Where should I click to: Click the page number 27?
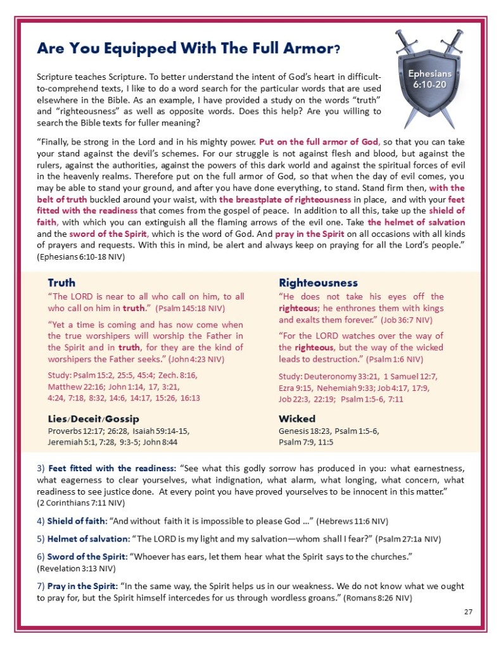468,611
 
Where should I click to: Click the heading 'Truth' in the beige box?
61,283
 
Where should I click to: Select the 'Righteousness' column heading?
318,283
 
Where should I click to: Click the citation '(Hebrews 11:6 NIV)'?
353,521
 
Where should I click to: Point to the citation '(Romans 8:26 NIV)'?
403,598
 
